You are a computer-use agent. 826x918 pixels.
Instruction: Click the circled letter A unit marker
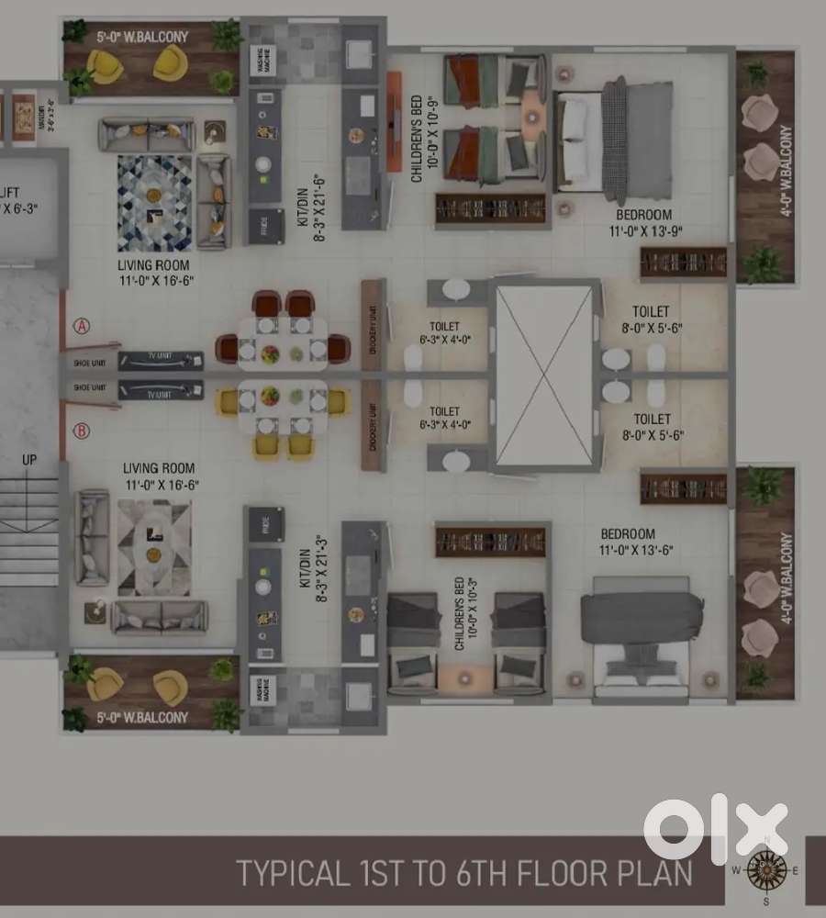pyautogui.click(x=83, y=326)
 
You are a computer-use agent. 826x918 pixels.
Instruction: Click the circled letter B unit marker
pyautogui.click(x=83, y=431)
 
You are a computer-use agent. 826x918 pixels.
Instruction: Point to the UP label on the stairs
pyautogui.click(x=29, y=459)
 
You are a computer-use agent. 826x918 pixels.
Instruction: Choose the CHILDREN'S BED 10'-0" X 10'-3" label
pyautogui.click(x=465, y=614)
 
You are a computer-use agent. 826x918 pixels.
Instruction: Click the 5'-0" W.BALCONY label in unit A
pyautogui.click(x=143, y=38)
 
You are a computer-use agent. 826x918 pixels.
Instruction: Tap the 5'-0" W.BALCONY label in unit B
pyautogui.click(x=143, y=717)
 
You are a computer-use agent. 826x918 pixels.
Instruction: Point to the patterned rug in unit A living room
pyautogui.click(x=154, y=203)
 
